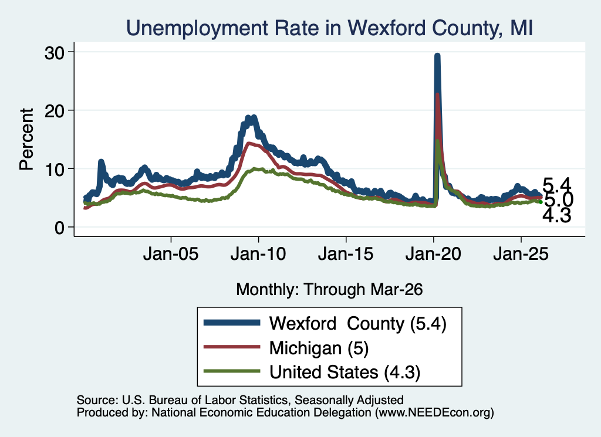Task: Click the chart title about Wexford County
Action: [x=329, y=28]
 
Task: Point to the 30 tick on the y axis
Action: [x=55, y=53]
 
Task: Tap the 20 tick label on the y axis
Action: [x=55, y=111]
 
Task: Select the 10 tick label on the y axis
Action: [x=55, y=170]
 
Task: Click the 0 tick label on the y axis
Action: [x=59, y=228]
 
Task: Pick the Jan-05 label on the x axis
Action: [x=171, y=254]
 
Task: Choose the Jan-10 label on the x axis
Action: [x=258, y=254]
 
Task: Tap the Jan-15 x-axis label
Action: [x=346, y=254]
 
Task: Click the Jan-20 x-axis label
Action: [x=434, y=254]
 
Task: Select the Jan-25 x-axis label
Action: [x=521, y=254]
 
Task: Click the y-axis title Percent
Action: [x=26, y=140]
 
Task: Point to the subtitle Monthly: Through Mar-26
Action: [x=329, y=290]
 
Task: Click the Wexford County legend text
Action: [x=358, y=324]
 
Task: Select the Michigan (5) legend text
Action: [x=319, y=348]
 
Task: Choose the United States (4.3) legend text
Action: [x=345, y=372]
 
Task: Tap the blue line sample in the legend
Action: [x=232, y=323]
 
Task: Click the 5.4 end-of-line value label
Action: [x=557, y=185]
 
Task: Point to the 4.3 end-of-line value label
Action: [x=557, y=215]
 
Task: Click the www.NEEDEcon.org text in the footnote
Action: [x=434, y=412]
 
